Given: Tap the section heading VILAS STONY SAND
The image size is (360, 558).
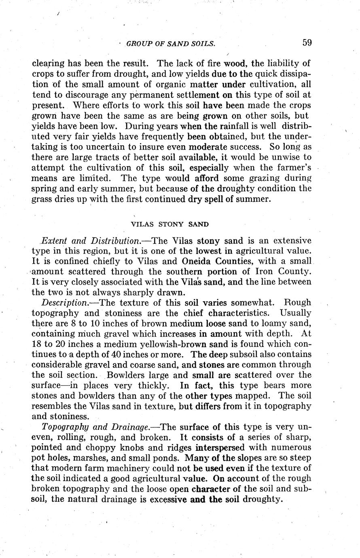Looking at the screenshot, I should tap(170, 224).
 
